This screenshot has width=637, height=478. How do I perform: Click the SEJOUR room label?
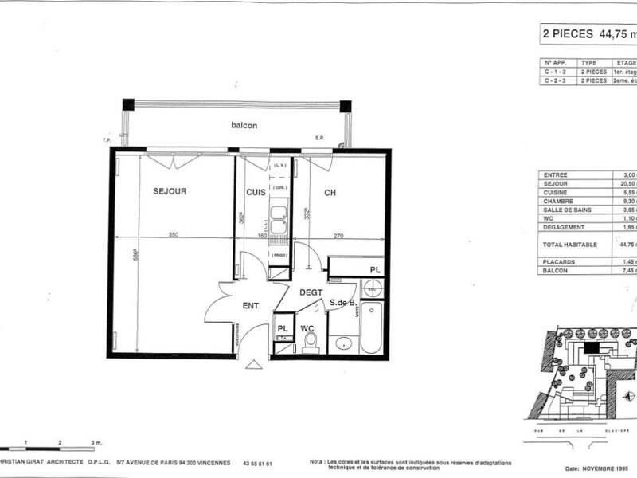click(x=170, y=191)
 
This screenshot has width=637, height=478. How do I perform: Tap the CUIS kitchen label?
click(x=255, y=191)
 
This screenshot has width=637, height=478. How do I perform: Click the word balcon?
click(x=244, y=126)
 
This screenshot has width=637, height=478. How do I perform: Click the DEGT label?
click(x=311, y=292)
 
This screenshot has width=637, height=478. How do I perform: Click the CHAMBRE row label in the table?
click(x=557, y=203)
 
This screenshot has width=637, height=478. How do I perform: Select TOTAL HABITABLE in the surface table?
click(x=565, y=245)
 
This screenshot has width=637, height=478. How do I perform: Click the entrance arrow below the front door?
click(x=253, y=364)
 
